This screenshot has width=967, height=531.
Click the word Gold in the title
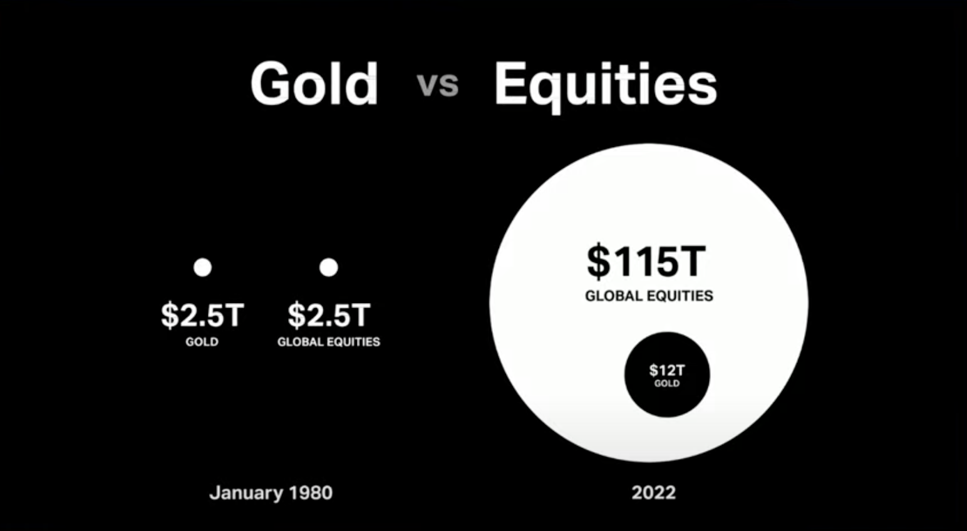click(x=314, y=83)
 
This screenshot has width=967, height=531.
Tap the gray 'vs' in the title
click(x=437, y=85)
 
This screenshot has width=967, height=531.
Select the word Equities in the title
click(x=605, y=86)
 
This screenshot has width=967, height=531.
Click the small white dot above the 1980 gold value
click(x=202, y=267)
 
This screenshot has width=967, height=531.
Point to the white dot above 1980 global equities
click(x=329, y=267)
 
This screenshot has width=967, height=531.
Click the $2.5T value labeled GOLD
click(x=202, y=315)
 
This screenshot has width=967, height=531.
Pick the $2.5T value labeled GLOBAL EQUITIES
click(x=329, y=315)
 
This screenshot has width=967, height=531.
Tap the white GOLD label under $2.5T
click(x=202, y=342)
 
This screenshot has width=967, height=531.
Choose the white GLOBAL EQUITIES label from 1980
click(x=329, y=342)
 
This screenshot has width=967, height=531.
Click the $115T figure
click(x=646, y=261)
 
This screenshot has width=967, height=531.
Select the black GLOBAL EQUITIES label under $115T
click(x=649, y=296)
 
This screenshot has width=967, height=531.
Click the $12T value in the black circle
click(x=667, y=370)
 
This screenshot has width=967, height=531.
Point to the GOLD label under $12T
click(x=667, y=383)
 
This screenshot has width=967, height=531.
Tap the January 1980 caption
click(x=271, y=493)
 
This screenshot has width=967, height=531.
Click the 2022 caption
click(x=654, y=493)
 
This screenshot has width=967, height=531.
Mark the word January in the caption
click(x=246, y=493)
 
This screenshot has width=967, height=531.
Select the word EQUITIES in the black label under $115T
click(x=680, y=296)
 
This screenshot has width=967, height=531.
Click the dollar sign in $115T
click(x=598, y=261)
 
